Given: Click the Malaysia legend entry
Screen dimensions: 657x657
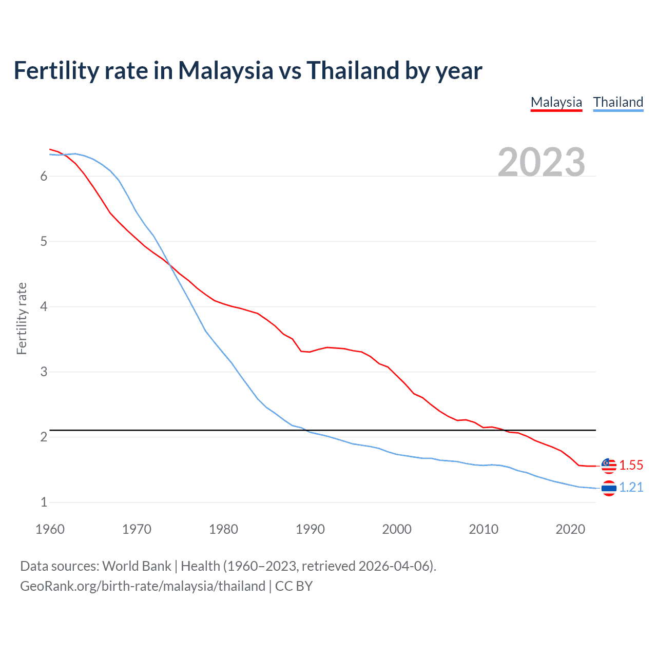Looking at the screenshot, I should point(556,102).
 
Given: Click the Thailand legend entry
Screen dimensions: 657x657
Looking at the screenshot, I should point(618,102).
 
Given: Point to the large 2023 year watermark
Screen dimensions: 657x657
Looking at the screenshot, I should point(541,162).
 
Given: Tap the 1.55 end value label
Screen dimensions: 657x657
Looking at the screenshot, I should point(631,465).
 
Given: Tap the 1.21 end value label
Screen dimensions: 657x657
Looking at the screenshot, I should point(631,487).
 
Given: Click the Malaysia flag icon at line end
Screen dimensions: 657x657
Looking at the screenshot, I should point(609,465).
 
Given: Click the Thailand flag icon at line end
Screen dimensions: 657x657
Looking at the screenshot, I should point(609,488).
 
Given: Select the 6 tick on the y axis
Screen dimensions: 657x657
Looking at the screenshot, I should point(44,176).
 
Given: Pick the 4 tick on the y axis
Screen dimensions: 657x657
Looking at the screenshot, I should point(44,306).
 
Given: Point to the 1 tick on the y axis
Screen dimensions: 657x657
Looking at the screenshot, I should point(44,502).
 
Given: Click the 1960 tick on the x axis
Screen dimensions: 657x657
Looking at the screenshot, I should point(50,529).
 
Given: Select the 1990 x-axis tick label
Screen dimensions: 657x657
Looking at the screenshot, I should point(310,529).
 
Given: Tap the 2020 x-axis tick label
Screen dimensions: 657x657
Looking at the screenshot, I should point(570,529).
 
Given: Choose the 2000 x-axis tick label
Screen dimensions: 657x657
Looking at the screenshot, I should point(397,529).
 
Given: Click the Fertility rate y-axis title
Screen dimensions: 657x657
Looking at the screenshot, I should point(22,318).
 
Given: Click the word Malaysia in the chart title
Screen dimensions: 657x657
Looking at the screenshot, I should point(225,70).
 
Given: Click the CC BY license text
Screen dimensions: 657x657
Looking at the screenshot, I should point(294,586).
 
